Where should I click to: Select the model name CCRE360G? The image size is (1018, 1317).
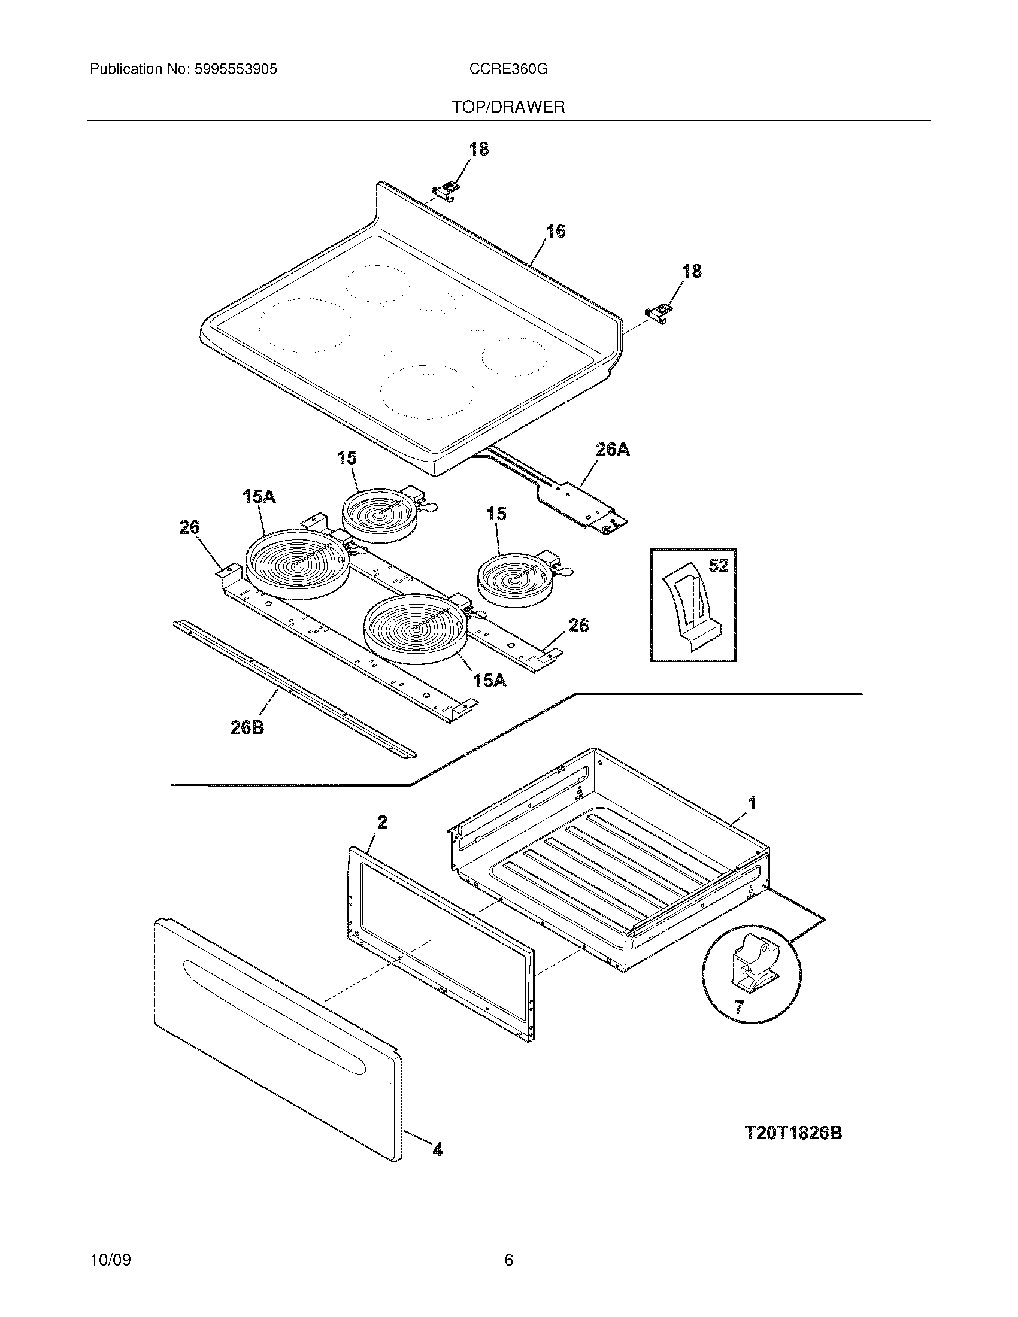click(508, 69)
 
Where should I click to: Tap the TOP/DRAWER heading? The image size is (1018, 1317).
click(508, 107)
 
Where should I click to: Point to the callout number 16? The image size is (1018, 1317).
click(556, 231)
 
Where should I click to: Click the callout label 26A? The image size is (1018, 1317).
click(613, 449)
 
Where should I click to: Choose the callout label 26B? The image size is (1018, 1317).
click(247, 728)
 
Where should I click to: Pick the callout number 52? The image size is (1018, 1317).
click(718, 566)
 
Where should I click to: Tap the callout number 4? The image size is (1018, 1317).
click(438, 1151)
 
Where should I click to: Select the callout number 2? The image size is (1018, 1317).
click(383, 822)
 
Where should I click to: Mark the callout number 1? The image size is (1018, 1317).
click(752, 803)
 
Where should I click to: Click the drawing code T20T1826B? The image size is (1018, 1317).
click(793, 1134)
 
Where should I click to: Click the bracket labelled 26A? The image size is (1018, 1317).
click(579, 500)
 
